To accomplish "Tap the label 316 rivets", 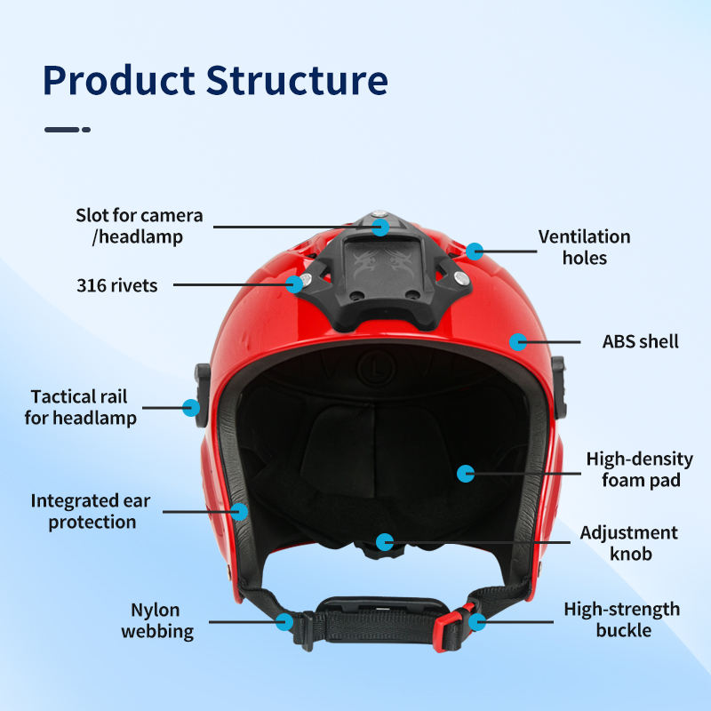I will tap(116, 285).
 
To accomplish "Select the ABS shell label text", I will tap(640, 341).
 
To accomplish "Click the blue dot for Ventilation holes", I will tap(475, 251).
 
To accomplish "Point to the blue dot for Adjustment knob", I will tap(384, 540).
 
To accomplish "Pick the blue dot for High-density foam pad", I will tap(465, 473).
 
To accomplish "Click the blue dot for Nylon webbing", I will tap(284, 621).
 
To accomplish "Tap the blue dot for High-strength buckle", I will tap(477, 621).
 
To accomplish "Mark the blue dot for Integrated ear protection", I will tap(238, 511).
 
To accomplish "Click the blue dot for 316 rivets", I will tap(294, 284).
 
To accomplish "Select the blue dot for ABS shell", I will tap(517, 340).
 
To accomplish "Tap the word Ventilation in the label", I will tap(584, 237).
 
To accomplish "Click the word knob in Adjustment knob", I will tap(630, 554).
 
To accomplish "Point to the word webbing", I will tap(157, 632).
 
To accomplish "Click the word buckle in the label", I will tap(622, 631).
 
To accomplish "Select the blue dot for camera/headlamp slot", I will tap(380, 227).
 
